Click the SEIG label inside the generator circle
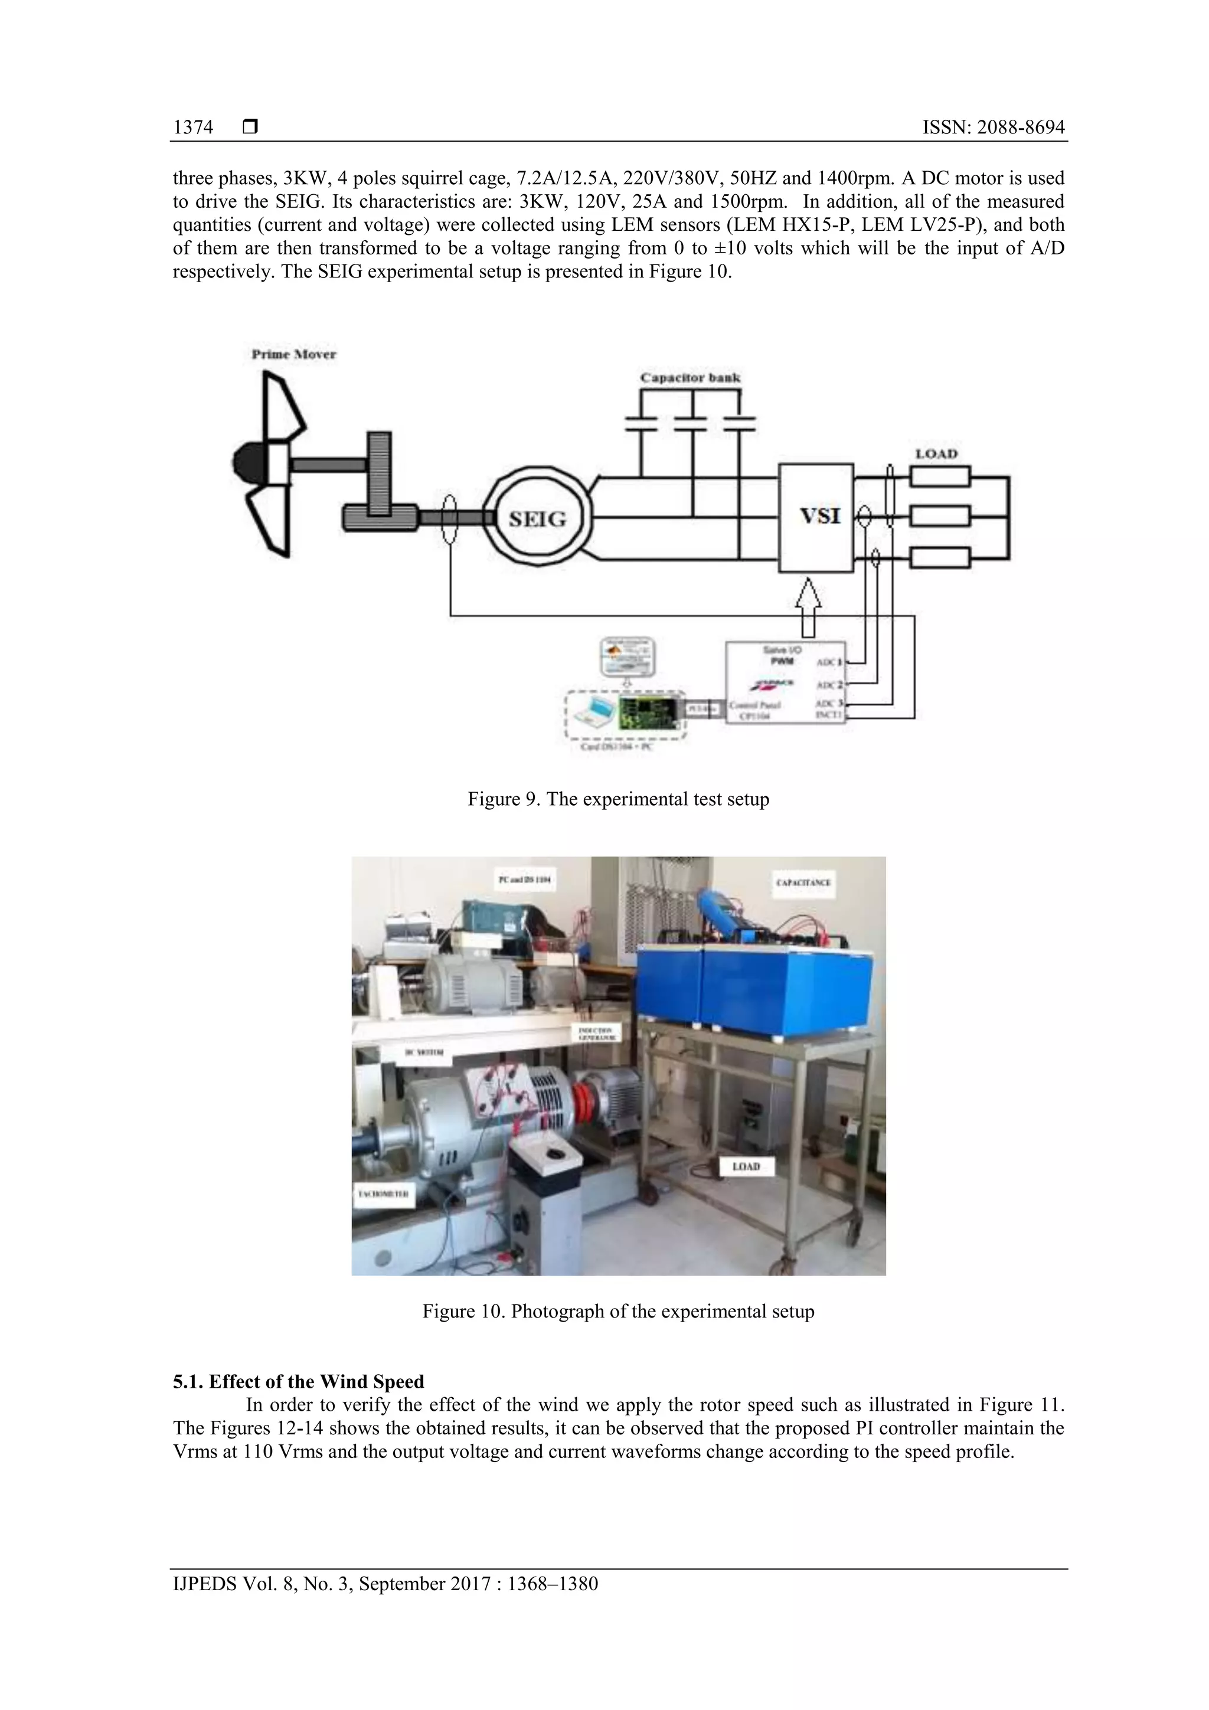[537, 519]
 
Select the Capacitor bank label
[690, 378]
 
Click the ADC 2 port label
[829, 685]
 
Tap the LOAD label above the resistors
[936, 453]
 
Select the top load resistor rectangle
[939, 477]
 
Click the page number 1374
[193, 127]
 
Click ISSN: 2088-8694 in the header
[993, 127]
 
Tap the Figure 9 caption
[617, 799]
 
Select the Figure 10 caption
[617, 1311]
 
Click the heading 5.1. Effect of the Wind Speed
[298, 1382]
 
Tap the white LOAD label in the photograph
[746, 1166]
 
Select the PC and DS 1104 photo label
[524, 879]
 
